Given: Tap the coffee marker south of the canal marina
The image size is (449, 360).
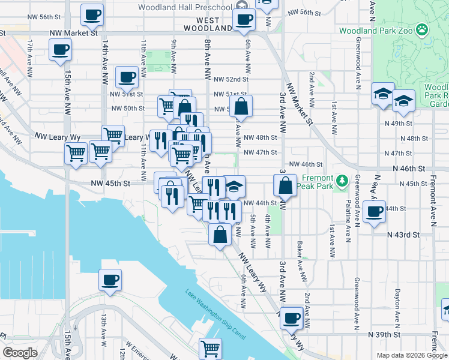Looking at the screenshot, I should [110, 280].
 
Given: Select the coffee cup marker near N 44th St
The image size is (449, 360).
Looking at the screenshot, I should [375, 212].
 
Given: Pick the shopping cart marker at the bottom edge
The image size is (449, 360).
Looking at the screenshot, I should [210, 347].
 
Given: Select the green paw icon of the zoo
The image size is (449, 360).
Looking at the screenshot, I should [423, 28].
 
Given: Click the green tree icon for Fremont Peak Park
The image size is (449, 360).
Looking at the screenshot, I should [342, 179].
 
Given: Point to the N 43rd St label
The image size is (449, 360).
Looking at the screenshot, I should [403, 234].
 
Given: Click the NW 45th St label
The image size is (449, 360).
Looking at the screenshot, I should [110, 184].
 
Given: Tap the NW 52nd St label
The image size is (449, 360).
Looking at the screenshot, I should [231, 79].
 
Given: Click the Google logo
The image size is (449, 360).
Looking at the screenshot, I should [20, 352].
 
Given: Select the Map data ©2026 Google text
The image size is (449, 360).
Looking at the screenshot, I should [411, 355].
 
